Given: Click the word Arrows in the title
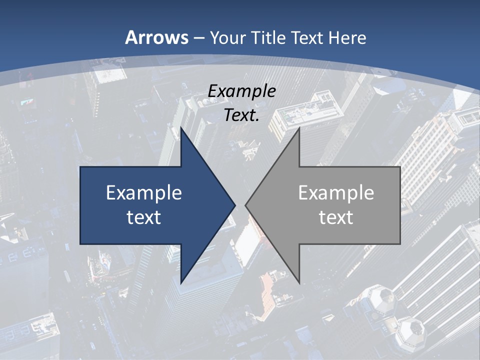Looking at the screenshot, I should [x=157, y=37].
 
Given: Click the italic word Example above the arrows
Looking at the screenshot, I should [x=241, y=91].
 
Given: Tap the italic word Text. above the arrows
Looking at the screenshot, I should [x=241, y=115].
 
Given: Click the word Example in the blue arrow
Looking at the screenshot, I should [x=144, y=192].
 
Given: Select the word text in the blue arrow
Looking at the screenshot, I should [x=144, y=217].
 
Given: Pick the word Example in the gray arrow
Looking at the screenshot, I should [x=336, y=192].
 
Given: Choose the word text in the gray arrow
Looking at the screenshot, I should [x=336, y=217].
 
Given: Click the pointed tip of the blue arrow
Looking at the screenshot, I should [x=235, y=205].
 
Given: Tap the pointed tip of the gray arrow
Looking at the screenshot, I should [x=245, y=205].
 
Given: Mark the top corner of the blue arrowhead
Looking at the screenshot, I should [x=181, y=128].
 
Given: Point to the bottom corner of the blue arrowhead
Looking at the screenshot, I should [x=181, y=283].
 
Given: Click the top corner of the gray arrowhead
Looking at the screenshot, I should [x=299, y=128].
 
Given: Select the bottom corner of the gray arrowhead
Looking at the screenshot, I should [x=299, y=283].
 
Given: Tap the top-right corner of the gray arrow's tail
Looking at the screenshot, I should [x=400, y=167].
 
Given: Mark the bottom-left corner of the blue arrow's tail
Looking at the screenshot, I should [x=80, y=244].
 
